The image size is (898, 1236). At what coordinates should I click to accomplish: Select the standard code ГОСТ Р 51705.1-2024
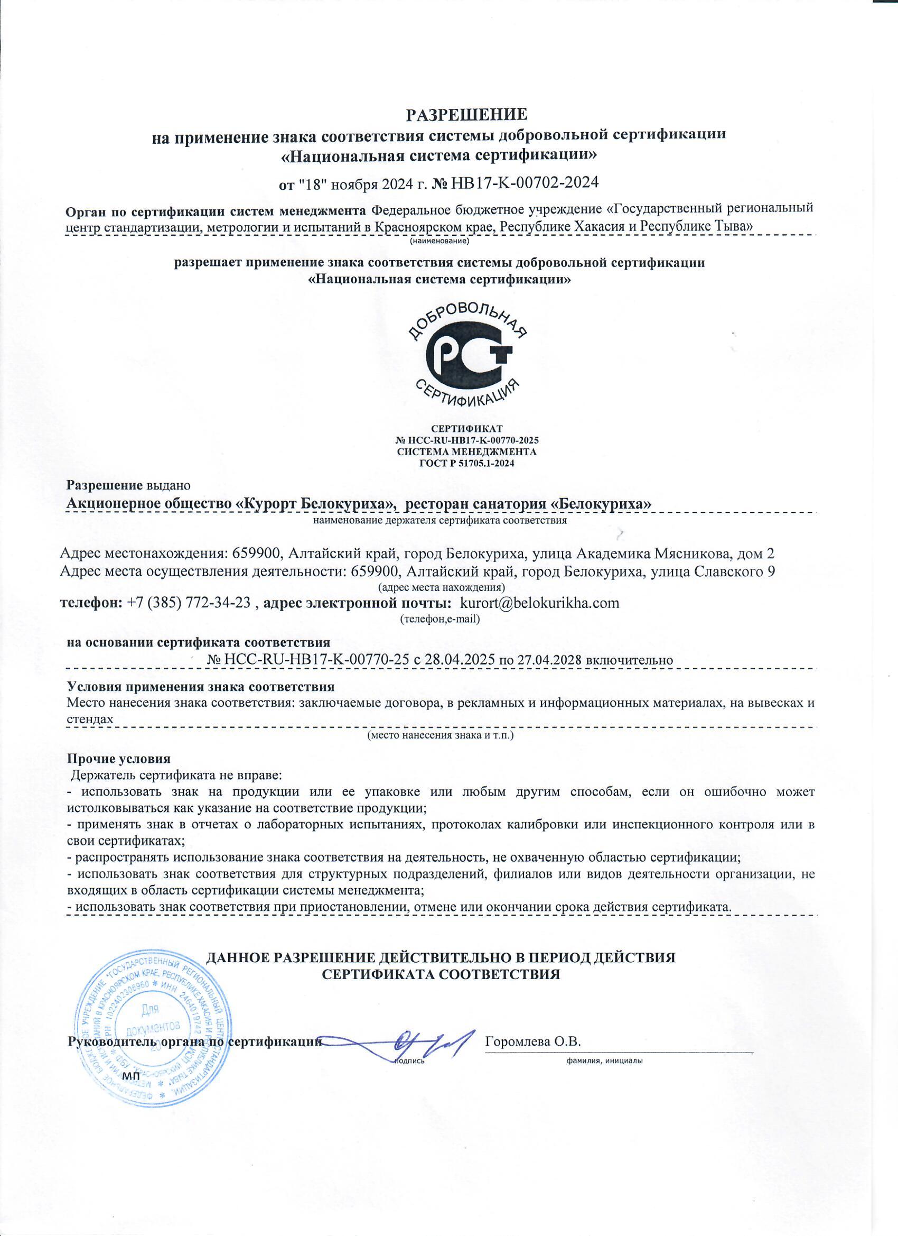(x=467, y=463)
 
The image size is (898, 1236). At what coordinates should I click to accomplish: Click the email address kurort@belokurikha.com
(x=540, y=603)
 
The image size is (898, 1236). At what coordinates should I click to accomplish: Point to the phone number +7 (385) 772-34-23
(x=189, y=603)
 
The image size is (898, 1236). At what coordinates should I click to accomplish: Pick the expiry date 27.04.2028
(x=548, y=660)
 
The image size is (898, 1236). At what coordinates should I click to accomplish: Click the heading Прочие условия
(x=118, y=759)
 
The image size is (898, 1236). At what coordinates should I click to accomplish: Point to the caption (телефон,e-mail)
(x=439, y=619)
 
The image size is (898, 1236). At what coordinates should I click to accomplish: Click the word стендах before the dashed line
(x=90, y=718)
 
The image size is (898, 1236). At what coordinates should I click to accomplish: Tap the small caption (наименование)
(x=439, y=240)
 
